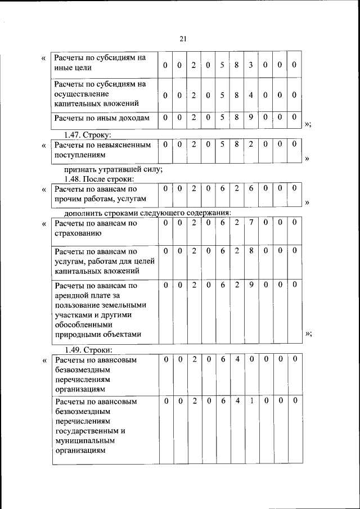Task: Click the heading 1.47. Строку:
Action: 88,135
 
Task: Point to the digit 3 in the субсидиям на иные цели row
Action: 251,66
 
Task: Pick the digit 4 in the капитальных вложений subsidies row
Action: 251,95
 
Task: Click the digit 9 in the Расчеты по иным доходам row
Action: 251,118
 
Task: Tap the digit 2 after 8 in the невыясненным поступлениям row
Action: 251,145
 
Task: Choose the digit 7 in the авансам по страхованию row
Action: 251,223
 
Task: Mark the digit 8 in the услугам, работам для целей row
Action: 251,250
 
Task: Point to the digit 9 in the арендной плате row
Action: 251,285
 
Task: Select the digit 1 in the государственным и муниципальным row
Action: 251,402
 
